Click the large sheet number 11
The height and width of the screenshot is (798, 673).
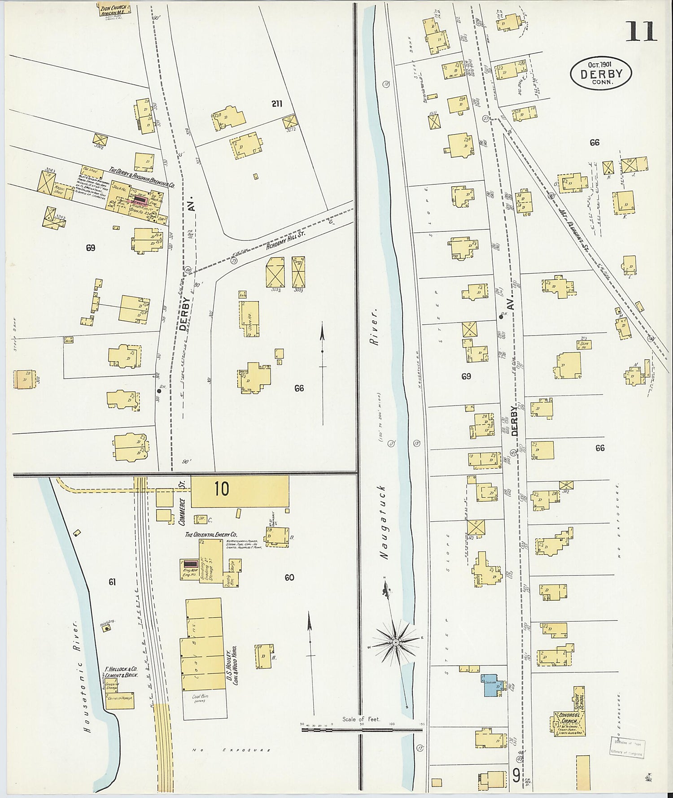point(641,31)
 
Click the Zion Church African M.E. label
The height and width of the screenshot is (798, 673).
point(114,9)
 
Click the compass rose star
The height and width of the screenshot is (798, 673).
point(396,643)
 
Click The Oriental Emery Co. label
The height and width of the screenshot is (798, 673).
point(211,535)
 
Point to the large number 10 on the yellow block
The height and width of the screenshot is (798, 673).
point(222,489)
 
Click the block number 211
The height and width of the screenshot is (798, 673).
point(276,104)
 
